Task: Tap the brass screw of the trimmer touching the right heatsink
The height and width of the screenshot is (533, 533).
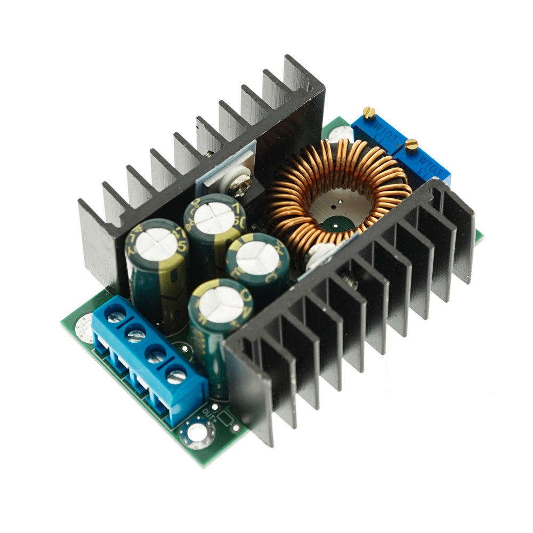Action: pos(411,144)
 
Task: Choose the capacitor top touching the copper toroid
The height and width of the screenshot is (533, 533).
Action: pos(257,258)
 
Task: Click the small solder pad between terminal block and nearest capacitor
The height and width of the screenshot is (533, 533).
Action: pos(185,350)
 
